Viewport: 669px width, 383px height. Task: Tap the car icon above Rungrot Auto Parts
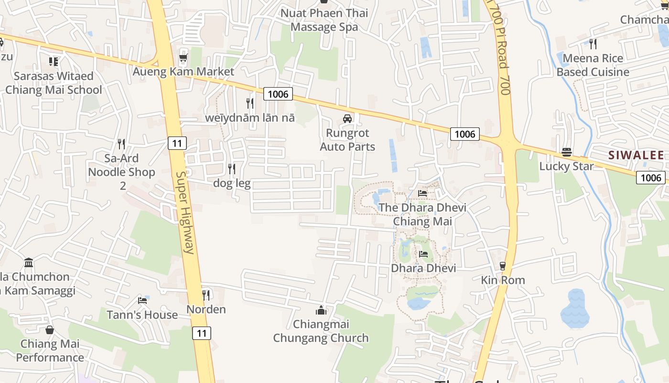[x=347, y=119]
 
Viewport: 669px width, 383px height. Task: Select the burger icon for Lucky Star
[x=567, y=152]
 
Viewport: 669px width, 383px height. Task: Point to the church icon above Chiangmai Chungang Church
[x=321, y=310]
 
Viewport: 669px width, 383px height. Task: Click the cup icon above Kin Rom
[x=503, y=266]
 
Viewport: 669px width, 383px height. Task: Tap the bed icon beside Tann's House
[x=142, y=301]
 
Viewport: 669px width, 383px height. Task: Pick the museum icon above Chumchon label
[x=29, y=262]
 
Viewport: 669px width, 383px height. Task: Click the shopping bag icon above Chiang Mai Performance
[x=50, y=330]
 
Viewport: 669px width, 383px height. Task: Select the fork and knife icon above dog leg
[x=232, y=169]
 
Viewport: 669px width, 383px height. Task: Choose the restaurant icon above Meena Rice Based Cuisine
[x=593, y=44]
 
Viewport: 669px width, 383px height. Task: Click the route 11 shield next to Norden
[x=202, y=333]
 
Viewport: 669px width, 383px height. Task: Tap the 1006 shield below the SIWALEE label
[x=651, y=178]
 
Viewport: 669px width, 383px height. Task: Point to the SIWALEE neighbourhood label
[x=636, y=155]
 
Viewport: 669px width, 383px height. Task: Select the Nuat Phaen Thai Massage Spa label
[x=324, y=20]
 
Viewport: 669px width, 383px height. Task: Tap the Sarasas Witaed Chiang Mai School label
[x=54, y=83]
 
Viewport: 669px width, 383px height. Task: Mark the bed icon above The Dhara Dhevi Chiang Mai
[x=422, y=193]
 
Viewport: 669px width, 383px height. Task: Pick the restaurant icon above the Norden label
[x=206, y=294]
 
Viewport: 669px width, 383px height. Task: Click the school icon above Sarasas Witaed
[x=54, y=61]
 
